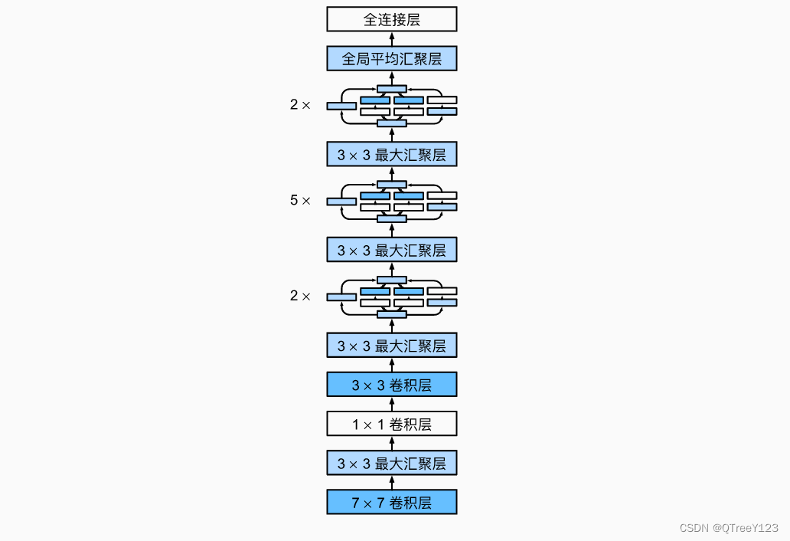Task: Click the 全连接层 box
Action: [x=391, y=19]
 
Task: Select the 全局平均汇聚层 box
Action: [x=391, y=59]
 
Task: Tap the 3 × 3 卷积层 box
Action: [x=391, y=385]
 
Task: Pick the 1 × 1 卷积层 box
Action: [x=391, y=424]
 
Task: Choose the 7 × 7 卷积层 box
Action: [x=391, y=503]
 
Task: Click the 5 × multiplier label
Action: [x=300, y=201]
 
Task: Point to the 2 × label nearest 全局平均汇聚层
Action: [x=300, y=105]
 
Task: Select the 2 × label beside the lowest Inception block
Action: [x=300, y=296]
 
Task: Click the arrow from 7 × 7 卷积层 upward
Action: [x=391, y=483]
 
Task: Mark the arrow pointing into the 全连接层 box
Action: [x=391, y=39]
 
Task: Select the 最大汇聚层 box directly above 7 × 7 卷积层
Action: [x=391, y=463]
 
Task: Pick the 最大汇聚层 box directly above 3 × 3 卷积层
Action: [x=391, y=346]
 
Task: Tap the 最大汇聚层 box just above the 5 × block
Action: [x=391, y=155]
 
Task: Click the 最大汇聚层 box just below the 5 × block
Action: [x=391, y=250]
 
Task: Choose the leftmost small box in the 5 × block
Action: [x=341, y=202]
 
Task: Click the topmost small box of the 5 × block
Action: [x=391, y=185]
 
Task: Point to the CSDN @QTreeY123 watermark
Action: [x=728, y=528]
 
